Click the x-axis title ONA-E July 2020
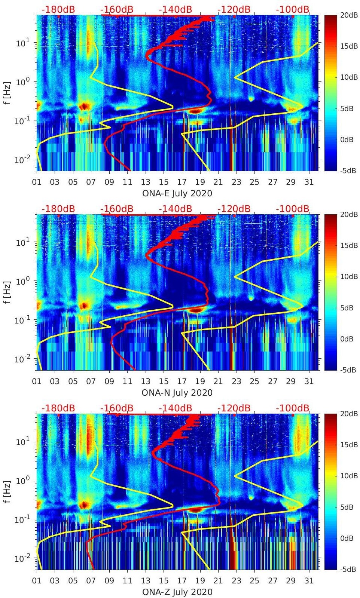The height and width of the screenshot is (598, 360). click(177, 193)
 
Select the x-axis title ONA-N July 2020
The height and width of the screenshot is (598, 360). click(177, 393)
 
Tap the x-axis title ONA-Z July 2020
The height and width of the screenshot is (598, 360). click(177, 592)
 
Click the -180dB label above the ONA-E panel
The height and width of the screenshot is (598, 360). click(58, 9)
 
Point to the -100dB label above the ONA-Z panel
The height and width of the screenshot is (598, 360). click(293, 408)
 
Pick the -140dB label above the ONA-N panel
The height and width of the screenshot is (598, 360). click(175, 209)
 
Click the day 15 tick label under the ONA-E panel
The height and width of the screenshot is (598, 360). click(164, 182)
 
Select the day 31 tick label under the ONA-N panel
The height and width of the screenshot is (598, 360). click(309, 381)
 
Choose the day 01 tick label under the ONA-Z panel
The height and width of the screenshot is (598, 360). click(37, 581)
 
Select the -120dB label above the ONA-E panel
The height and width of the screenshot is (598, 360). click(234, 9)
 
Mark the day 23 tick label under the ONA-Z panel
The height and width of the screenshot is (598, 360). click(236, 581)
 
